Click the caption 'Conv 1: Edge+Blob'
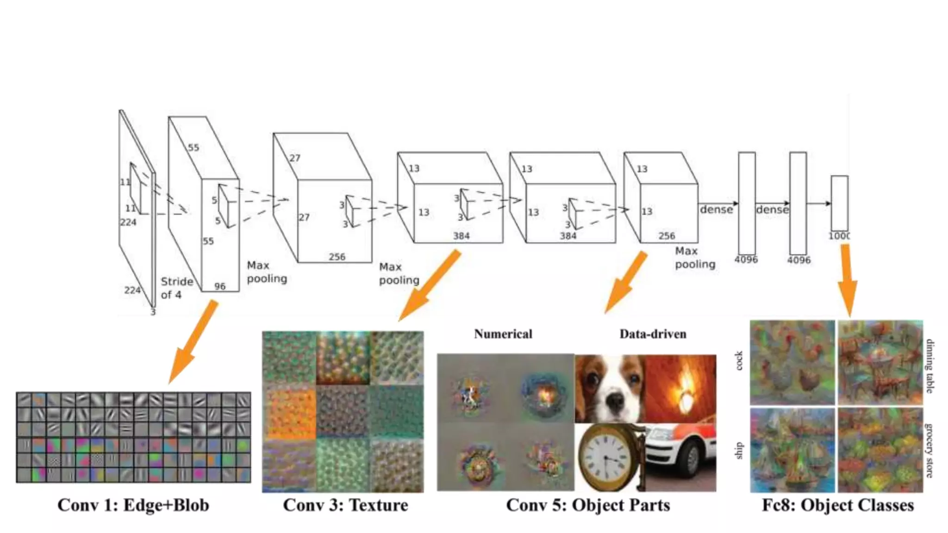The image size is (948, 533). [133, 505]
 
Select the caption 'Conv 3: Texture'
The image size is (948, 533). [345, 505]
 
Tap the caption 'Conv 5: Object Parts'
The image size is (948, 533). [588, 505]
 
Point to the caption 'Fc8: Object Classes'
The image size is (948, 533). [838, 505]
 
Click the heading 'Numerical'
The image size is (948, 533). [503, 334]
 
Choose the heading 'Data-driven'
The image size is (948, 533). [653, 334]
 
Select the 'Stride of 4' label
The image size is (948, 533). [176, 288]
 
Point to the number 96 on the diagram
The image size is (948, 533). [220, 286]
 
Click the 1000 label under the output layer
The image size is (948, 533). [839, 236]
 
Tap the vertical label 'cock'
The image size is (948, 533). [739, 361]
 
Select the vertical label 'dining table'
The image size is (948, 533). [929, 366]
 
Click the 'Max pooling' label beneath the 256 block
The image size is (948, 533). [399, 273]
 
